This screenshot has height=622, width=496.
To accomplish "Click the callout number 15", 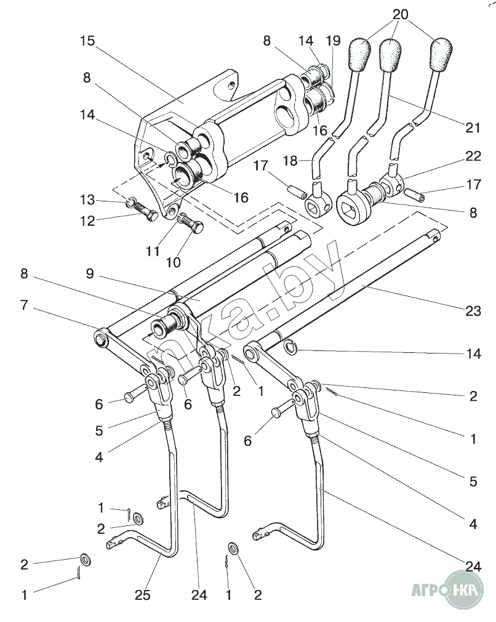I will [x=87, y=41].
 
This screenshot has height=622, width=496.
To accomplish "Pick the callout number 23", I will [x=473, y=311].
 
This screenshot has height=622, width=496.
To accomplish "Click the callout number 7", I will [x=23, y=305].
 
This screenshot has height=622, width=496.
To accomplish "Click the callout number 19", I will [x=333, y=41].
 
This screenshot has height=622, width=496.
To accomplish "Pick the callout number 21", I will [x=473, y=127].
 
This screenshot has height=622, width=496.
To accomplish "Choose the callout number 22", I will [x=473, y=157].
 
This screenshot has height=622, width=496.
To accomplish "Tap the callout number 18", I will [x=290, y=161].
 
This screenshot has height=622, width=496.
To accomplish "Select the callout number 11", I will [x=153, y=251].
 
